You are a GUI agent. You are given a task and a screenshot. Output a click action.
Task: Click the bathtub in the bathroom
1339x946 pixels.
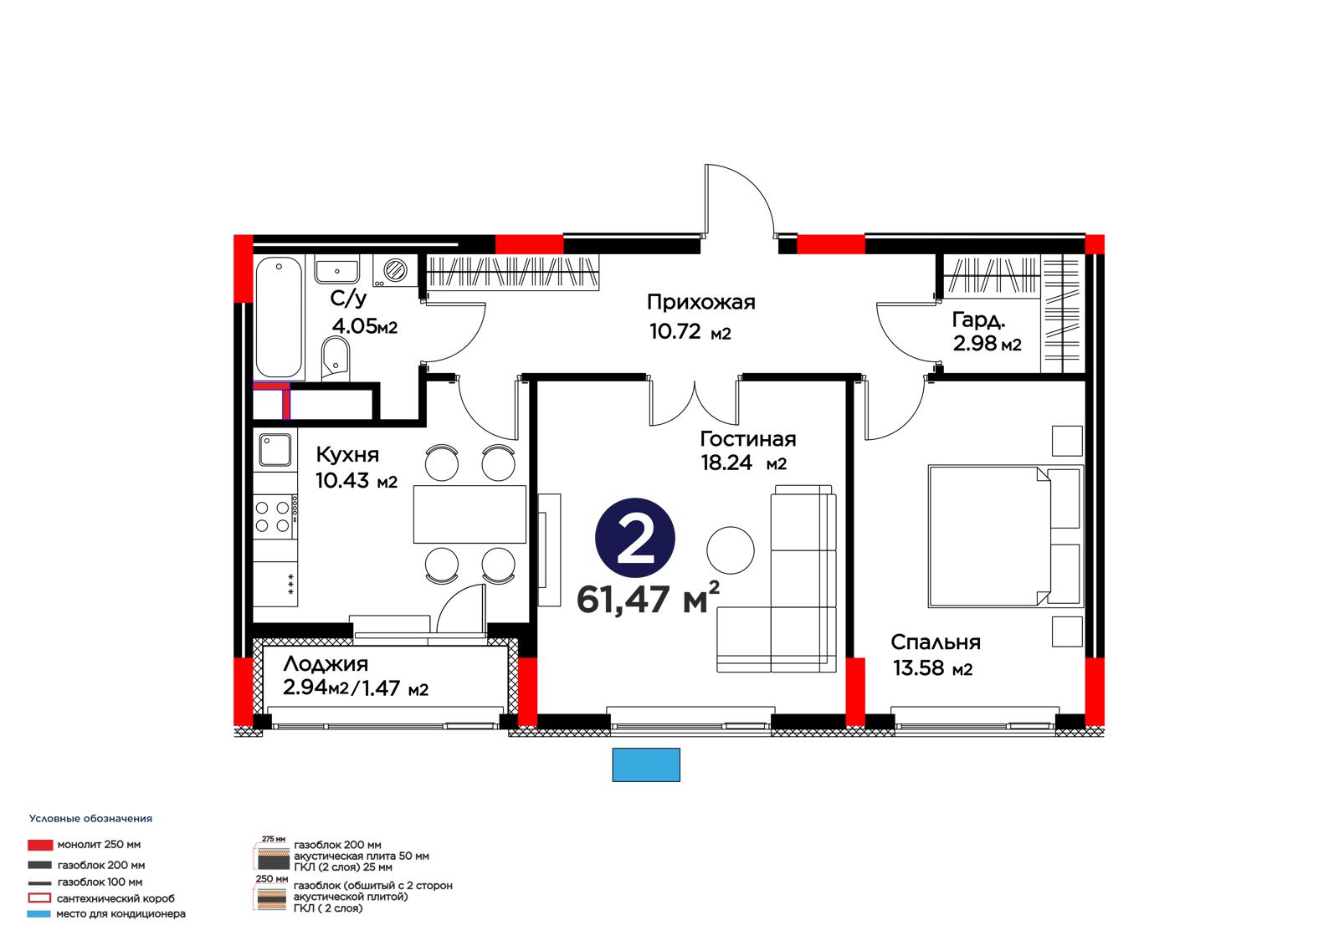(279, 318)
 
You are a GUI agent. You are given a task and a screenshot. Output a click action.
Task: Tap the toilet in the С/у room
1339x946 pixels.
(336, 359)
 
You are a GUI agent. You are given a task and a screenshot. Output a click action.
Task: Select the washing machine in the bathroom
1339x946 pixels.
(394, 270)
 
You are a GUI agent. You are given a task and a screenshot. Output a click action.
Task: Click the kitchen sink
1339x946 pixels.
(275, 449)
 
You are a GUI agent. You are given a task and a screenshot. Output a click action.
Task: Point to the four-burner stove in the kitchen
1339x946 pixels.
(273, 517)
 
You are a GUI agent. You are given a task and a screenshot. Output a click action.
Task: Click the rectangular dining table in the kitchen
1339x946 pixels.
(469, 514)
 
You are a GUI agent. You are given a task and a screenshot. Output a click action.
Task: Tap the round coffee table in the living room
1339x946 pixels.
(730, 550)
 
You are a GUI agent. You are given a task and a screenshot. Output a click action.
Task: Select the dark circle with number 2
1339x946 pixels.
(635, 538)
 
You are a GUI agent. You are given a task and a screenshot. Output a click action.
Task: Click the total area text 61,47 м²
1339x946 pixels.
(648, 598)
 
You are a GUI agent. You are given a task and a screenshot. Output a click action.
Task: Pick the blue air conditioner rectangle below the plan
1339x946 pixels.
(645, 764)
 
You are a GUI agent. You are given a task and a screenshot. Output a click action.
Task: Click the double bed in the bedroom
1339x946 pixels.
(1005, 536)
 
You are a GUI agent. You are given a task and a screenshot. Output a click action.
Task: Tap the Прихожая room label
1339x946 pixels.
(700, 303)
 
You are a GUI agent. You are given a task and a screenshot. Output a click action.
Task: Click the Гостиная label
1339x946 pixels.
(748, 439)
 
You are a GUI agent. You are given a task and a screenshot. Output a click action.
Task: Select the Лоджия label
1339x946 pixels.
(326, 664)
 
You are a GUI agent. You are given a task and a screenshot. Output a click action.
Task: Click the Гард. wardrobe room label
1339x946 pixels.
(978, 320)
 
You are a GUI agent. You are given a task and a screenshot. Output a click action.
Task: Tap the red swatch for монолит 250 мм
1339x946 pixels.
(40, 845)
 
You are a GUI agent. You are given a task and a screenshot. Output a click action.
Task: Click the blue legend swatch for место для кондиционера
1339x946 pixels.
(38, 913)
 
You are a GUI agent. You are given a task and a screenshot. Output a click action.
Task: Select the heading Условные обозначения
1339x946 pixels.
(91, 819)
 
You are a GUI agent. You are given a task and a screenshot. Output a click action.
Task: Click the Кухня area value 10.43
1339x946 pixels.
(342, 480)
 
